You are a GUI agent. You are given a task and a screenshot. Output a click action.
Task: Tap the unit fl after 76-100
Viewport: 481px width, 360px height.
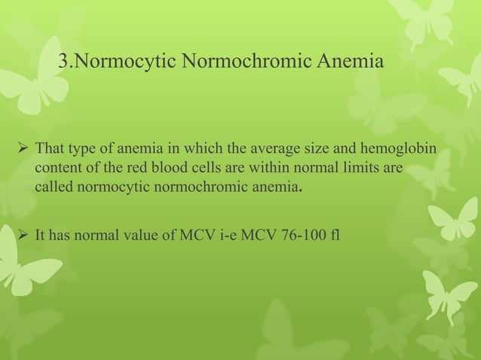pos(334,239)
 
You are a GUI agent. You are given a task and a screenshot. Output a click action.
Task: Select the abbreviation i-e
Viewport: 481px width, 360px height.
pos(222,239)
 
